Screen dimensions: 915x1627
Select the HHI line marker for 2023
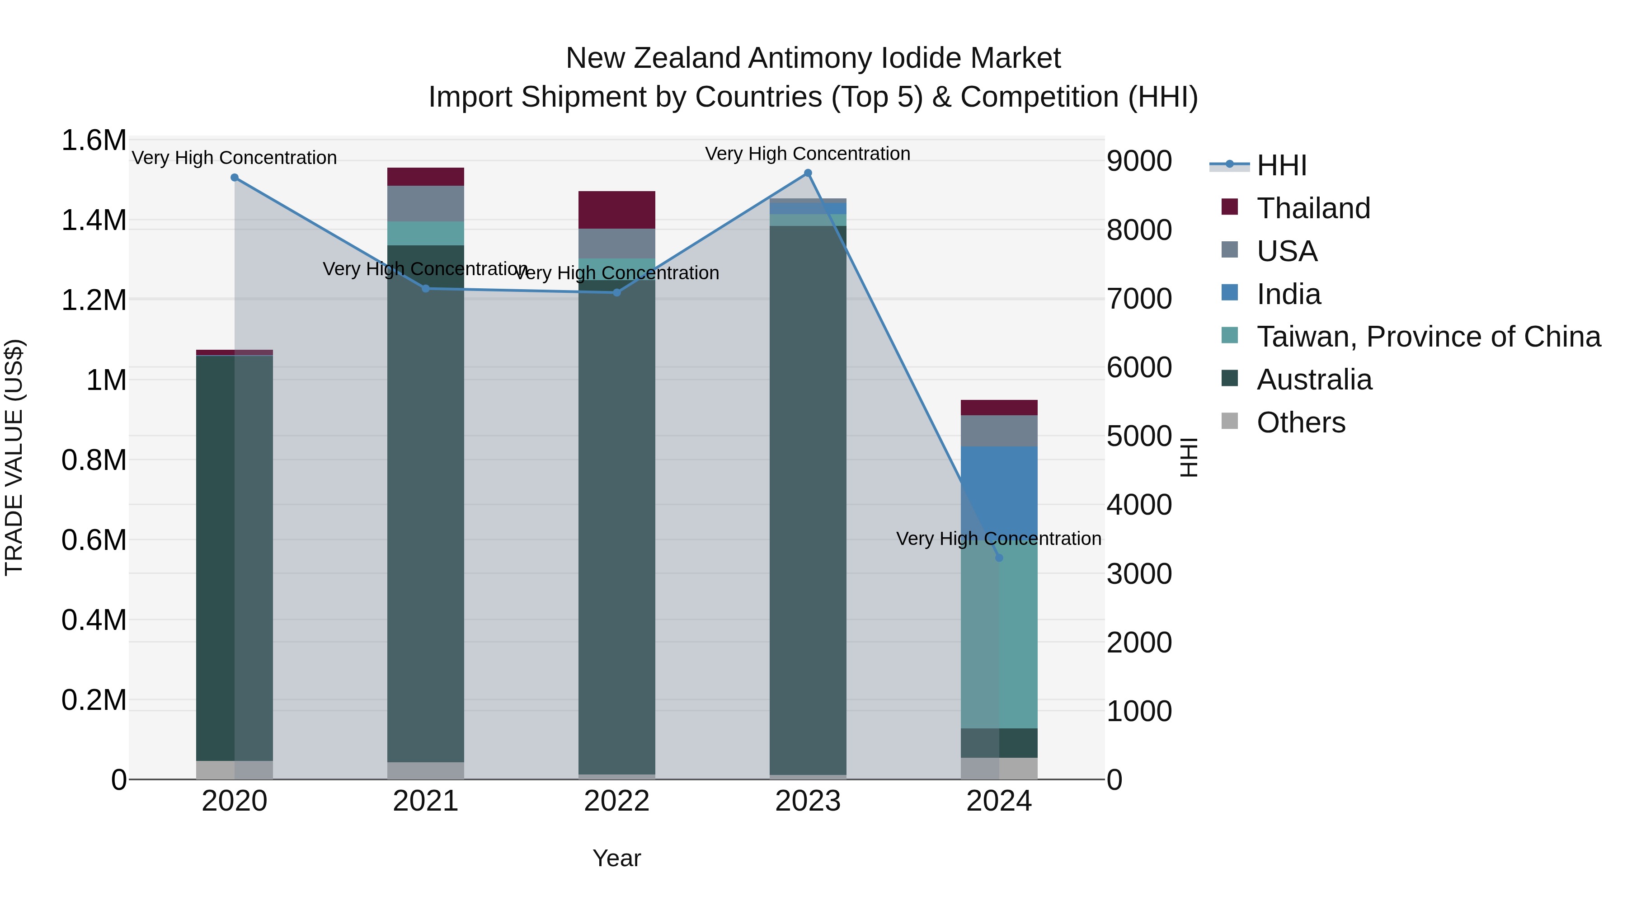tap(808, 173)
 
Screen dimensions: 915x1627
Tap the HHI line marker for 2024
tap(998, 558)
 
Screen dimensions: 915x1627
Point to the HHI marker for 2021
tap(426, 289)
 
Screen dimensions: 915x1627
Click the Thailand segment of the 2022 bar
tap(616, 210)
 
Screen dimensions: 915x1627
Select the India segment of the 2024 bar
tap(998, 486)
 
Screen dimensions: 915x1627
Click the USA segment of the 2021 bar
tap(426, 203)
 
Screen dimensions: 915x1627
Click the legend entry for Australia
tap(1314, 380)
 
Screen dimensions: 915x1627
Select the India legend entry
tap(1288, 294)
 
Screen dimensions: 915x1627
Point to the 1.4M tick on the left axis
tap(94, 221)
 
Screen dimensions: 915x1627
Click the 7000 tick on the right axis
tap(1139, 299)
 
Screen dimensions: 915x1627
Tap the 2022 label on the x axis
tap(616, 801)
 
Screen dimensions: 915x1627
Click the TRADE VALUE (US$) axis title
tap(14, 457)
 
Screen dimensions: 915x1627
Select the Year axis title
tap(616, 858)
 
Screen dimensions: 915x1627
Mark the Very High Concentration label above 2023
tap(807, 154)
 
